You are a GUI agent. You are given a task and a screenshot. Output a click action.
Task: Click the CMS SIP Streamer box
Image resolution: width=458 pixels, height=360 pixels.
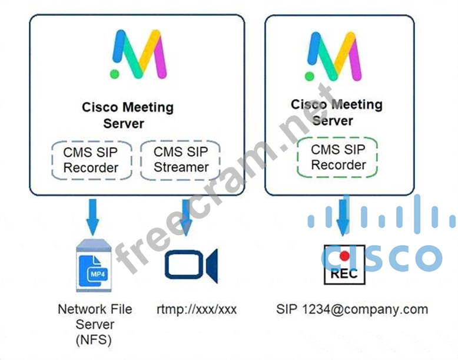click(181, 160)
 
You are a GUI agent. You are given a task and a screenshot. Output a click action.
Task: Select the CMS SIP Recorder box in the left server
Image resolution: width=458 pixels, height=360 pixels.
click(91, 160)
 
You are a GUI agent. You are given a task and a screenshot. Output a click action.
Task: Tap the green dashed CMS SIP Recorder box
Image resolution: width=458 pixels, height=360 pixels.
click(338, 157)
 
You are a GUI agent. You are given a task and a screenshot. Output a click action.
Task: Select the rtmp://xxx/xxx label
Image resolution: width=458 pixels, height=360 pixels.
click(197, 309)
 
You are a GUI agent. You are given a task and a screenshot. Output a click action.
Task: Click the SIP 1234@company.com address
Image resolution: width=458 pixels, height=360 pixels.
click(351, 309)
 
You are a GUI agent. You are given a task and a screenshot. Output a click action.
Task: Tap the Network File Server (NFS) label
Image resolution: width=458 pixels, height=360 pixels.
click(95, 323)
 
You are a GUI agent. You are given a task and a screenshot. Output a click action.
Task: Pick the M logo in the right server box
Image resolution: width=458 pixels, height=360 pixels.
click(334, 57)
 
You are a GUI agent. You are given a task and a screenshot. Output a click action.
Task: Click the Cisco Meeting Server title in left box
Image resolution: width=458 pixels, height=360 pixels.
click(127, 115)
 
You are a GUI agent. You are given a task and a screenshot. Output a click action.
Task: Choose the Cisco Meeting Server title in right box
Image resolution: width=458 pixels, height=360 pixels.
click(336, 113)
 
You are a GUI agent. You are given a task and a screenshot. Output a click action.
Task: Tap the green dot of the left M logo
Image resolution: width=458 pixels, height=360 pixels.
click(115, 74)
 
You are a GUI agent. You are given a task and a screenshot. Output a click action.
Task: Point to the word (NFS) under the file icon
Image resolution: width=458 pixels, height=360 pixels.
click(95, 339)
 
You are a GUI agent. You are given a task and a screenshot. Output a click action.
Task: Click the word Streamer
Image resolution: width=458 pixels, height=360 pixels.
click(181, 167)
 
